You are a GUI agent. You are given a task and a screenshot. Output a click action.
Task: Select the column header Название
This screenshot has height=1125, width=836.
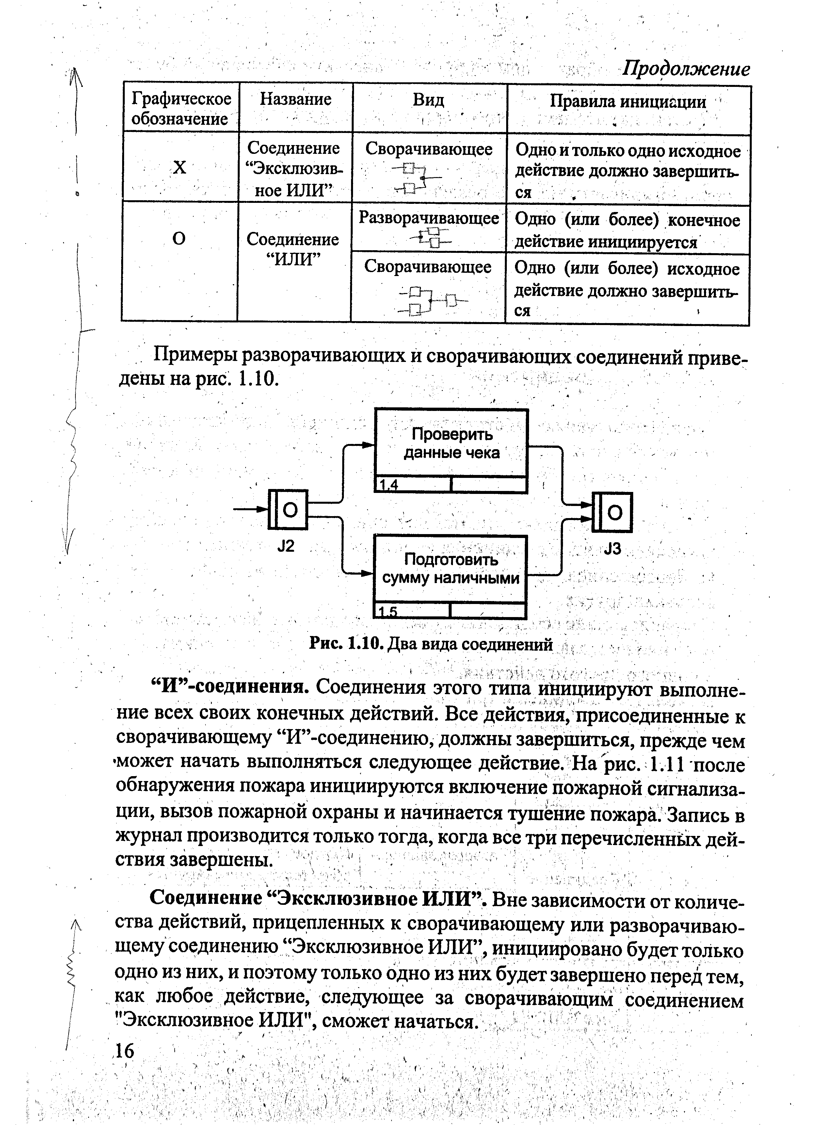click(296, 99)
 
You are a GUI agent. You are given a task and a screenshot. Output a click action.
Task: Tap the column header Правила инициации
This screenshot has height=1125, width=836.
click(628, 102)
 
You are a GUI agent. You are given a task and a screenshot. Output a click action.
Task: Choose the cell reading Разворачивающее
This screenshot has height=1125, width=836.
click(429, 218)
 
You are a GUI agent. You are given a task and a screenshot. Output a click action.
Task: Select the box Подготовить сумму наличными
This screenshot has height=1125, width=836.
click(450, 569)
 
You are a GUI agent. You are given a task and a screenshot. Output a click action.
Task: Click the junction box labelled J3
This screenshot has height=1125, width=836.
click(612, 512)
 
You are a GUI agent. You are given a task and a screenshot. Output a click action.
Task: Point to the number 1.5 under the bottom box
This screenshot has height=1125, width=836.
click(388, 612)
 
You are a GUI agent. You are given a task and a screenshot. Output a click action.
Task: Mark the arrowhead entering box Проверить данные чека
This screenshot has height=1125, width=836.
click(368, 445)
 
